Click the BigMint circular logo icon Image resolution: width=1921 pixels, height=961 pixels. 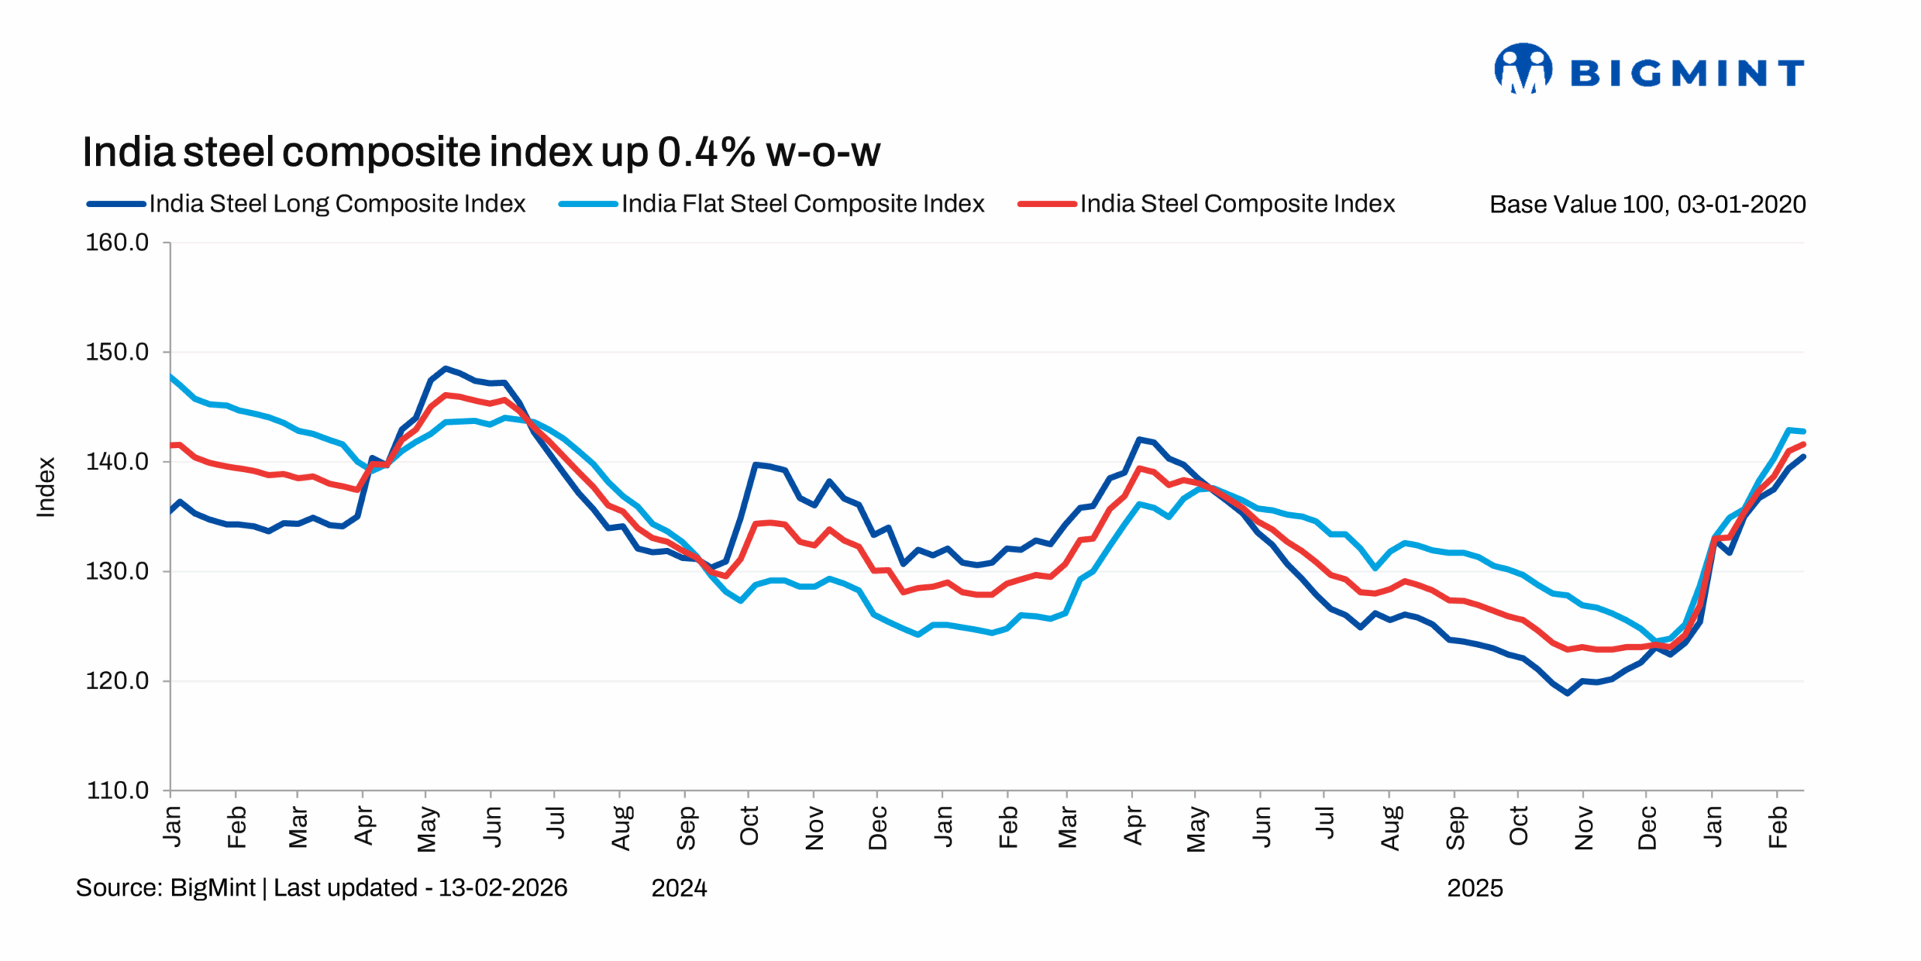(1523, 69)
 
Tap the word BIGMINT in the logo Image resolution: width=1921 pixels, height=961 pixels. (1687, 74)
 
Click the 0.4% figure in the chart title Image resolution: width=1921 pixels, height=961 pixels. (706, 152)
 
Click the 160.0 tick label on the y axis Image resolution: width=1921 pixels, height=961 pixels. (117, 243)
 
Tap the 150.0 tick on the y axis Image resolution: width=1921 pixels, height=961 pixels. (117, 352)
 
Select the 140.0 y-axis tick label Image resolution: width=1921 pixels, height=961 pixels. (117, 462)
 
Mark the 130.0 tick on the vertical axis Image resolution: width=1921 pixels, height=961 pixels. (117, 571)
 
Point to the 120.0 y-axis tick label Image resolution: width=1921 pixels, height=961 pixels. (117, 681)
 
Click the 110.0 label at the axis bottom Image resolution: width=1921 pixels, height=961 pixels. (117, 791)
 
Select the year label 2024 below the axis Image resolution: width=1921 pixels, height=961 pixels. (679, 888)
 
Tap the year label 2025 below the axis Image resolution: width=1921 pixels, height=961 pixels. (1475, 888)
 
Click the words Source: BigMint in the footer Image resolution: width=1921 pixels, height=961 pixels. (166, 887)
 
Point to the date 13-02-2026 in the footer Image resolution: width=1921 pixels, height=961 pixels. (503, 887)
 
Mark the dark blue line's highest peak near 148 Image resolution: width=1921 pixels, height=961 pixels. (446, 369)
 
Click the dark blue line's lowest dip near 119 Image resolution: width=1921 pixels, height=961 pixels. (1567, 693)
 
